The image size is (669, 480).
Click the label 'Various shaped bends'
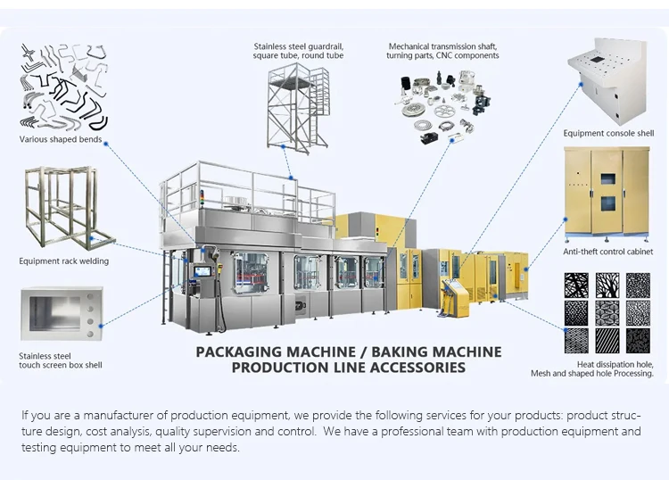click(x=60, y=140)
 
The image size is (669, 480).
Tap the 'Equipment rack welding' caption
click(x=64, y=261)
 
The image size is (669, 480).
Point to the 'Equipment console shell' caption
click(x=608, y=134)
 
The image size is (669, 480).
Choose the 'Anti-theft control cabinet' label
click(x=608, y=252)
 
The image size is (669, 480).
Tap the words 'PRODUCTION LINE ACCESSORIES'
click(x=348, y=368)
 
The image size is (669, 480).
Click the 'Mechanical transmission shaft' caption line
click(x=443, y=46)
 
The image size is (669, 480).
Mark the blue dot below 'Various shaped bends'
click(x=106, y=142)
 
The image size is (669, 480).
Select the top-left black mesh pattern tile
click(x=575, y=285)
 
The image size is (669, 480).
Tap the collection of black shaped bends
click(x=62, y=85)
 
